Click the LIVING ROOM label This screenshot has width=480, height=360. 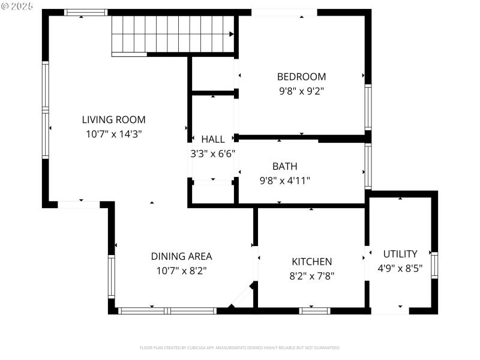point(113,119)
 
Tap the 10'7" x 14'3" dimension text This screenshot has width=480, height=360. point(113,134)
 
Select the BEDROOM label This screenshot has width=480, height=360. point(301,77)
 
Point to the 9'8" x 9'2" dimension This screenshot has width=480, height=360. point(301,92)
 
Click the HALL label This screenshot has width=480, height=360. point(213,139)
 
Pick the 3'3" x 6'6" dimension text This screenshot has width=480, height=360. point(213,154)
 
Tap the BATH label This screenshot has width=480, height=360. point(284,166)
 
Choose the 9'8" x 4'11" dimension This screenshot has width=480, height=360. point(284,180)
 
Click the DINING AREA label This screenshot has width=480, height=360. point(181,256)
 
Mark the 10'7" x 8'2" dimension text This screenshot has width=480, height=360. point(181,271)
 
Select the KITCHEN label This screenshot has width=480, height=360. point(311,262)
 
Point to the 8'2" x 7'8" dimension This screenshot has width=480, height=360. point(311,276)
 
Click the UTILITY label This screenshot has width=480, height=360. point(400,254)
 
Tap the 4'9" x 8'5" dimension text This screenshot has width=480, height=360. point(400,268)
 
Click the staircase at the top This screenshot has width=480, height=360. point(173,35)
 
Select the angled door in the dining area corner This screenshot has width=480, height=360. point(242,296)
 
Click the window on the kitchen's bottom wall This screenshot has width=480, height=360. point(315,311)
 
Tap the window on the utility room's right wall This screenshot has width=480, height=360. point(434,265)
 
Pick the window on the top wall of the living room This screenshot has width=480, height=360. point(86,12)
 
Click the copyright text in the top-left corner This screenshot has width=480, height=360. point(17,5)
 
